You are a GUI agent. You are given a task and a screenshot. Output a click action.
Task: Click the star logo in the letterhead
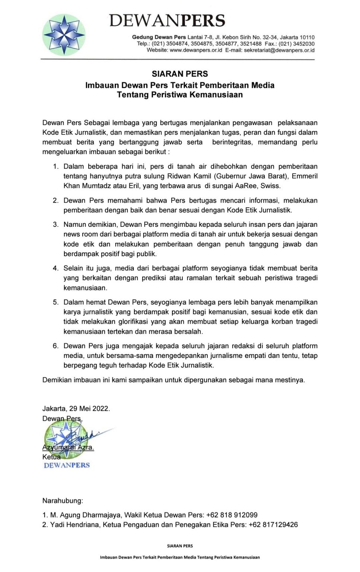pos(64,35)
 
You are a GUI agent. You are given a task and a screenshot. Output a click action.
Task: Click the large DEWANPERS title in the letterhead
pos(167,20)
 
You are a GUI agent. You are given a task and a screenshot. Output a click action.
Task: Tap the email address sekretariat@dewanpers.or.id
pos(279,50)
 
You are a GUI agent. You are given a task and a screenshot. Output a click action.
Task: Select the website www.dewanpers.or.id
pos(196,50)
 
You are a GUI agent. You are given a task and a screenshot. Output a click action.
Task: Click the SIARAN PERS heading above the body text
pos(180,74)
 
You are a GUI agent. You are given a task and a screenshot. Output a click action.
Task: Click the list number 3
pos(55,225)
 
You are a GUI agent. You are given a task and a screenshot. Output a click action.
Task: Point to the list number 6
pos(55,346)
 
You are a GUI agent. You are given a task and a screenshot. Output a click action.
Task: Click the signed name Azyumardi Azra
pos(68,447)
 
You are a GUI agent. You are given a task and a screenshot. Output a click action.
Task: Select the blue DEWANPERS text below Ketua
pos(67,465)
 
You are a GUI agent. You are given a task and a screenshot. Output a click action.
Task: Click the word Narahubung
pos(63,501)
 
